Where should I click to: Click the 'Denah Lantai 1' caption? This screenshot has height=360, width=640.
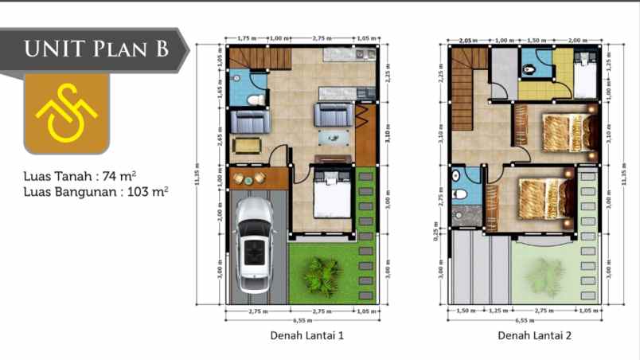pyautogui.click(x=307, y=336)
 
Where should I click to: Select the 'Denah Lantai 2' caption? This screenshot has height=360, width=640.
pyautogui.click(x=534, y=336)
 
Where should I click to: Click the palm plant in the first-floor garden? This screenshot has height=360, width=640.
pyautogui.click(x=320, y=275)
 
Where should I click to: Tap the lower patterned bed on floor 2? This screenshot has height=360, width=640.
pyautogui.click(x=546, y=198)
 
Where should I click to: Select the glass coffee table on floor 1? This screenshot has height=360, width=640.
pyautogui.click(x=334, y=138)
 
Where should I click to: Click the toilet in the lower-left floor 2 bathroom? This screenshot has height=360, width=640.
pyautogui.click(x=461, y=194)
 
